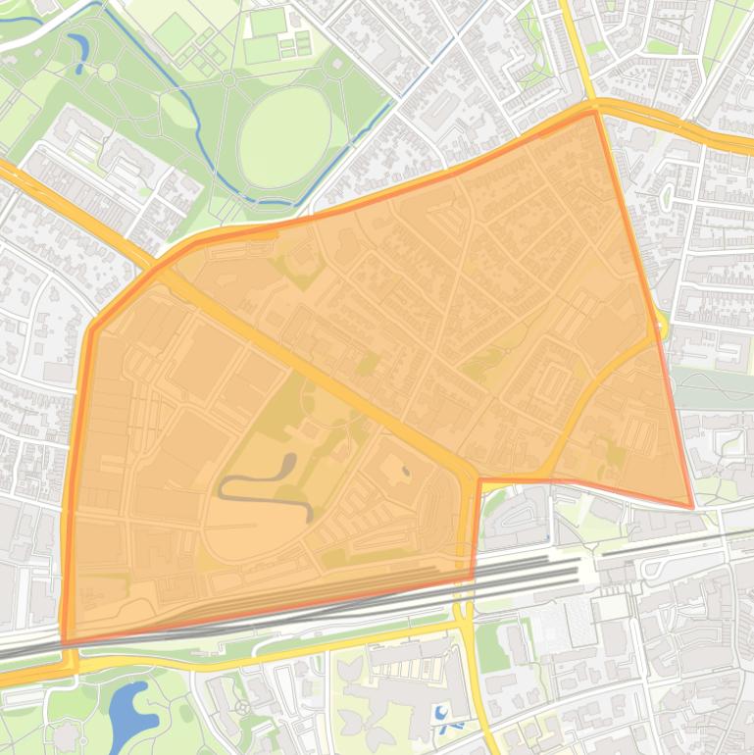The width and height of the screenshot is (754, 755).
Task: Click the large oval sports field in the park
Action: (285, 137)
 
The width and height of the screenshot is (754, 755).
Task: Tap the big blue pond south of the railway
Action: (130, 714)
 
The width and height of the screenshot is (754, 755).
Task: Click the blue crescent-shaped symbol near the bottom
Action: (442, 714)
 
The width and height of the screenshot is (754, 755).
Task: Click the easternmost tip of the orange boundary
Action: (692, 507)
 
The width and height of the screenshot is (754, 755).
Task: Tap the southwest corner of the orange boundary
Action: (65, 643)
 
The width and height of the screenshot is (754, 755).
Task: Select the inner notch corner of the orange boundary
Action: (478, 480)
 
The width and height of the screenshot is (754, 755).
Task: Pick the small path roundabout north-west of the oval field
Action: (227, 79)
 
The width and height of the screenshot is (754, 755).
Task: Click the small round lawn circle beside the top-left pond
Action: (106, 72)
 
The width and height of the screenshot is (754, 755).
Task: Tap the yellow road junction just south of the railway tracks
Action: (461, 624)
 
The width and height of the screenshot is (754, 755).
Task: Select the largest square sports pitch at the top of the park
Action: (174, 33)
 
